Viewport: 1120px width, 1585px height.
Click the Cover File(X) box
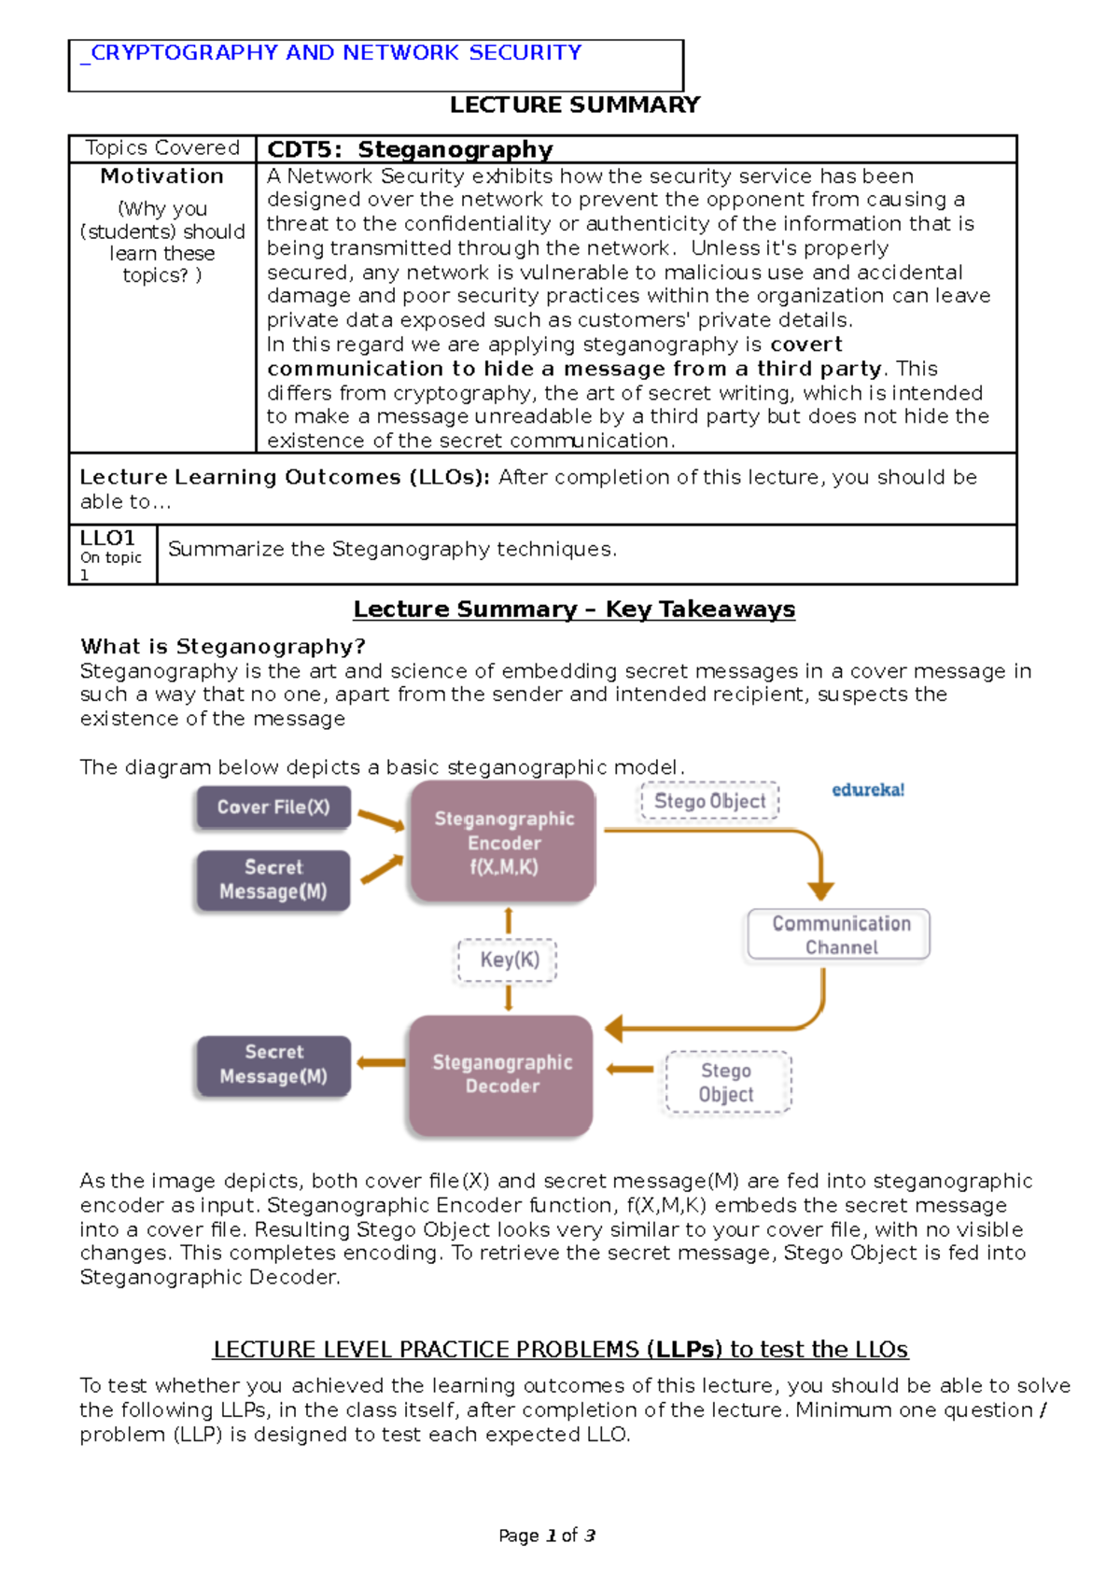273,807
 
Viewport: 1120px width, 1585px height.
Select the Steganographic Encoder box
503,842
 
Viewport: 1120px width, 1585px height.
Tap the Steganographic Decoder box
501,1074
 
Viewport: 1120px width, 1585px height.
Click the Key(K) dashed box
509,960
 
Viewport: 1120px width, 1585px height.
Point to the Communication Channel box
839,934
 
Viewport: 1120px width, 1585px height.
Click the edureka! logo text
867,790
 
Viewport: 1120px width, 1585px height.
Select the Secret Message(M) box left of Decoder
273,1064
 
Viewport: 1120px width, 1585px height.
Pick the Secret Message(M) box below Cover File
273,879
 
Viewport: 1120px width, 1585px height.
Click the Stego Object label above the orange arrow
709,801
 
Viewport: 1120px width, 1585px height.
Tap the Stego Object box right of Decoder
727,1082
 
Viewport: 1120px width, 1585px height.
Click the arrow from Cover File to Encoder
381,821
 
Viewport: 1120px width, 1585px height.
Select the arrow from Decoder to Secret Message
381,1062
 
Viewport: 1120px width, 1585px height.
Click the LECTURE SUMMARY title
574,105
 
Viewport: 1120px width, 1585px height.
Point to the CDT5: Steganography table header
410,149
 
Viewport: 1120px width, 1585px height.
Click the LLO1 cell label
107,539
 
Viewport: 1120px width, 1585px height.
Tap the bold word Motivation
162,176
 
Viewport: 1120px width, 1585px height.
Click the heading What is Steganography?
222,646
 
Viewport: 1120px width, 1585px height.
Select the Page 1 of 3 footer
547,1536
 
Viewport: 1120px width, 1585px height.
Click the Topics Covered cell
162,147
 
